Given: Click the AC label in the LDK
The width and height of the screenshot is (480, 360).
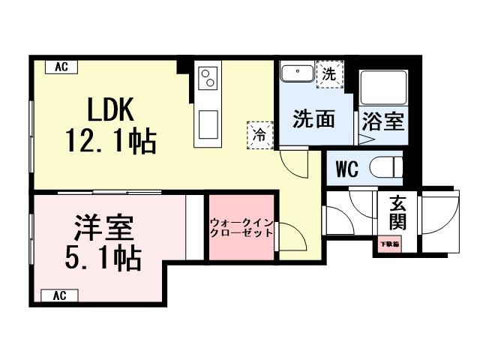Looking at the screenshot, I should click(61, 67).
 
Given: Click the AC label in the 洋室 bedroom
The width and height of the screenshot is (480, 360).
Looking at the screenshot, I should click(61, 295).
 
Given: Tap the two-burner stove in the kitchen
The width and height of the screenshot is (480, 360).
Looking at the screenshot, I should click(208, 76).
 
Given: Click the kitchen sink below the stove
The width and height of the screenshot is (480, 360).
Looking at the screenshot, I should click(208, 121).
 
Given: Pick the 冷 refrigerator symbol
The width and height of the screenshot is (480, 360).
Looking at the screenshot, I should click(259, 134).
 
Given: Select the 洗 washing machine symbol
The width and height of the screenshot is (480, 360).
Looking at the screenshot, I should click(328, 74).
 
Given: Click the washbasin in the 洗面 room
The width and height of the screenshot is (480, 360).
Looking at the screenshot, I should click(298, 75).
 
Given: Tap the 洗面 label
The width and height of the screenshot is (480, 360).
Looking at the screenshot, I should click(313, 118).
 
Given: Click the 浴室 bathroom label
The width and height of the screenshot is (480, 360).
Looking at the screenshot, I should click(383, 120).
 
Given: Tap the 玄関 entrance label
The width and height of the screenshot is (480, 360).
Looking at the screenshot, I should click(397, 212).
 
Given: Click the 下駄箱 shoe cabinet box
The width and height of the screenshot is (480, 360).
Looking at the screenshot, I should click(388, 244).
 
